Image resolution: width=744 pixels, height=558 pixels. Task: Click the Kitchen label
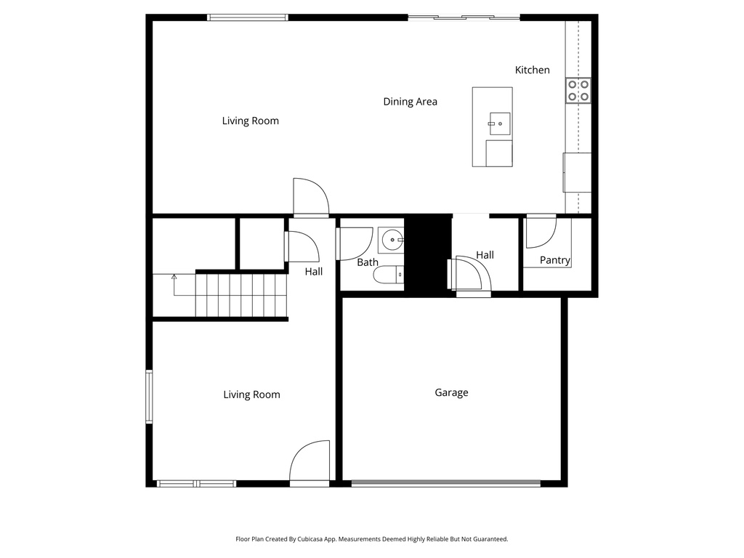532,70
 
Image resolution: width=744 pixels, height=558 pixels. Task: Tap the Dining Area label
410,102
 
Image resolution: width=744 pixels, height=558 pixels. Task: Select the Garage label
451,392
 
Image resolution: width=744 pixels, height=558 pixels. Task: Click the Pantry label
554,260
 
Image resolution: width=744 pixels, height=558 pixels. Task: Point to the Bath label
367,262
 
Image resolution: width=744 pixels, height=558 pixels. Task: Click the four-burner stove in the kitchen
578,90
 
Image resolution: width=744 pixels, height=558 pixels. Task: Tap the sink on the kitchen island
499,124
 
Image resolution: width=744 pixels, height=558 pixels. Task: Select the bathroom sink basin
392,238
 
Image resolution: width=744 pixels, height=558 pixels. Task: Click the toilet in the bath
387,275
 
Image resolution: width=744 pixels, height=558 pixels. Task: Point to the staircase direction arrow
174,277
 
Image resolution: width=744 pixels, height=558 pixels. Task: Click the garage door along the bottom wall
445,482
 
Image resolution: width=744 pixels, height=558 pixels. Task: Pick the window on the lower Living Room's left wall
149,397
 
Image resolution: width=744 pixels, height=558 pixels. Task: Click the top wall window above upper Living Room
248,17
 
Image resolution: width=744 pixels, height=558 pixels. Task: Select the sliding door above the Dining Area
464,17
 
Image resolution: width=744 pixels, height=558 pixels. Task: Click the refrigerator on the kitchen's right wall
577,173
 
